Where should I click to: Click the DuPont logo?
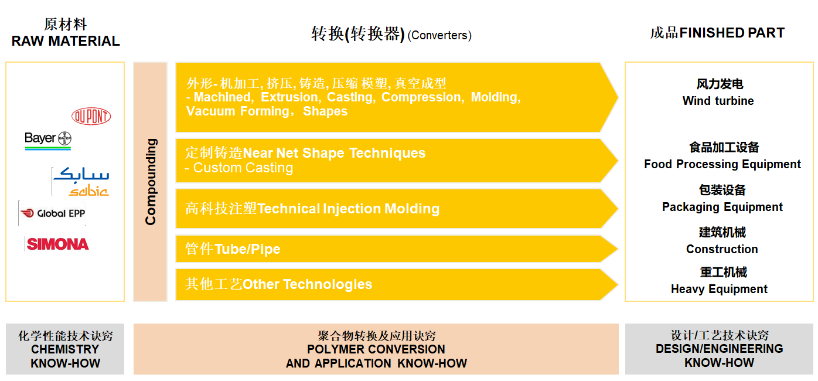(91, 117)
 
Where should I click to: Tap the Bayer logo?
(48, 140)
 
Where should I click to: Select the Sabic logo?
(81, 182)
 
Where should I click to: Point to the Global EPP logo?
(53, 213)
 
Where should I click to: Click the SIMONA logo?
(57, 244)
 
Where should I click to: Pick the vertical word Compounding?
(151, 182)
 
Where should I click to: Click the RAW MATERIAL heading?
(66, 41)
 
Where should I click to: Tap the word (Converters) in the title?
(439, 35)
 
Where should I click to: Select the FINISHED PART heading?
(732, 32)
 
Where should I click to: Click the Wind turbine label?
(718, 101)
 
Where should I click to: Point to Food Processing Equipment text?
(722, 164)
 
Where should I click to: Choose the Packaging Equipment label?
(722, 207)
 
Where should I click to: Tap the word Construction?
(722, 249)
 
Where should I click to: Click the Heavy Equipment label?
(719, 290)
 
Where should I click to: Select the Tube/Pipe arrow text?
(247, 249)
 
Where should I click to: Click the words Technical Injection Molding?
(349, 209)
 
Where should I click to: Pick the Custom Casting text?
(243, 168)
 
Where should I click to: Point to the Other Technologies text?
(307, 284)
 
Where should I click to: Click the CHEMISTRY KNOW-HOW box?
(65, 349)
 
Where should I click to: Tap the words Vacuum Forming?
(238, 111)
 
